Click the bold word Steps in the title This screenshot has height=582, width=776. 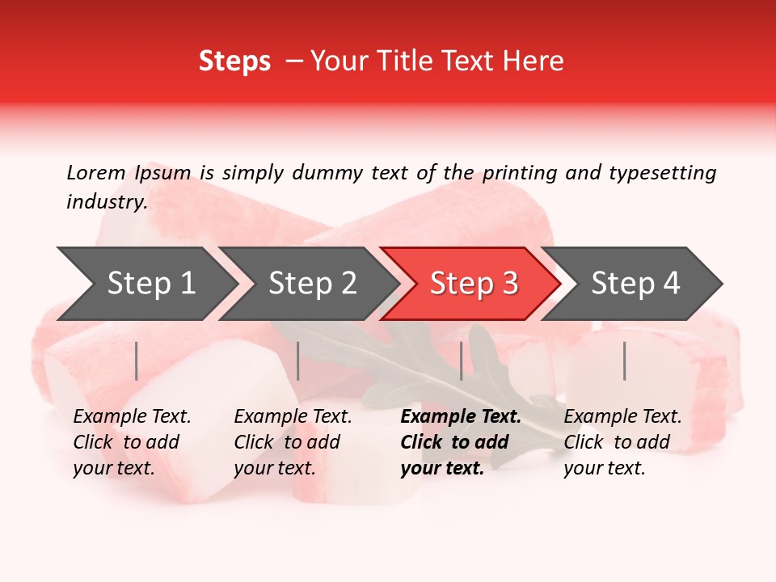pos(234,61)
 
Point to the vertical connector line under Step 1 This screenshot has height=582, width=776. pos(137,361)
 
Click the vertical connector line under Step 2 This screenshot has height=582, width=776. pos(298,361)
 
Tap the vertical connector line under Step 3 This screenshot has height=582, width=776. pos(462,361)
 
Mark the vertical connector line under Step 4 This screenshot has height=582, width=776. pos(625,361)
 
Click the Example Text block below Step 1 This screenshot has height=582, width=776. pos(132,442)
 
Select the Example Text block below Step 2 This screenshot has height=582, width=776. pos(293,442)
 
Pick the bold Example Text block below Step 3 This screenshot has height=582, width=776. pos(461,442)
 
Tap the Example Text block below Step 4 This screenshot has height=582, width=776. pos(622,442)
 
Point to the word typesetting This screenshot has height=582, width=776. pos(662,172)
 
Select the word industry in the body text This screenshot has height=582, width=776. pos(106,201)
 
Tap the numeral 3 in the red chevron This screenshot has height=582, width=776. pos(510,284)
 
